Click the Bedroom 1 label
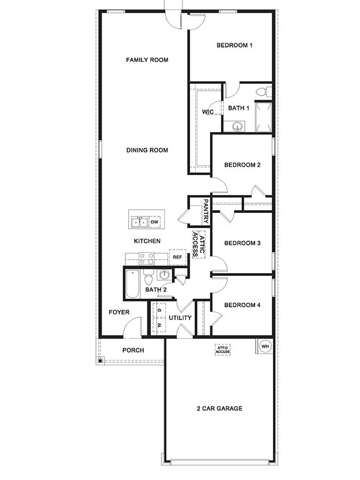234,45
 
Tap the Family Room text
147,60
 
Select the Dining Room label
147,150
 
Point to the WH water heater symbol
265,346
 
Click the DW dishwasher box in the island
155,221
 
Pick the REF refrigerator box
177,257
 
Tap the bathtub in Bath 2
132,283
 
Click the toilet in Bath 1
262,92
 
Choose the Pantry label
206,212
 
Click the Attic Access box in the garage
223,350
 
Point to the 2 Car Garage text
220,409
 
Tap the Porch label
133,350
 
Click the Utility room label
180,318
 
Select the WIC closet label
208,112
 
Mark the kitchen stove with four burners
147,259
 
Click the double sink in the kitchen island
139,221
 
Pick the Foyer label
119,312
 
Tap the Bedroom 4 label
242,305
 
